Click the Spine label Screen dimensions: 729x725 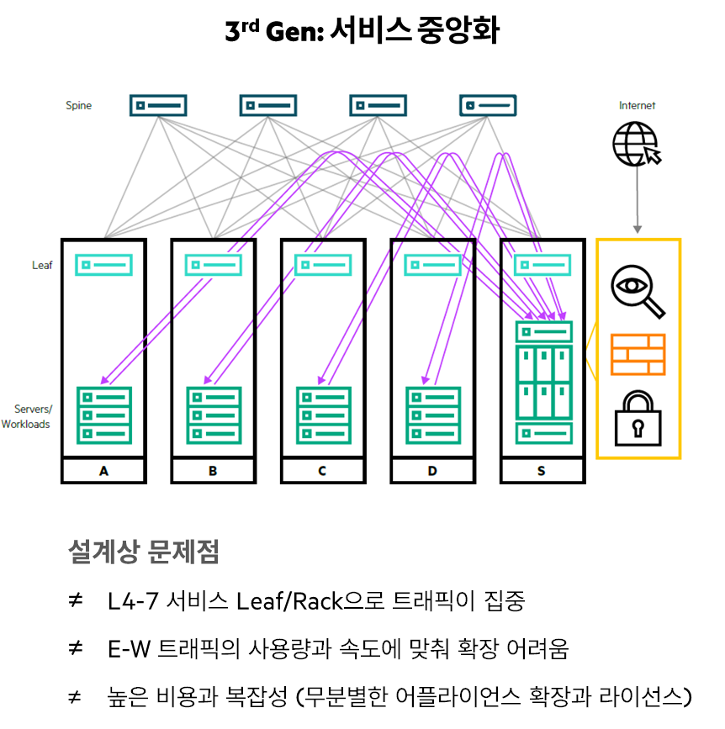click(79, 106)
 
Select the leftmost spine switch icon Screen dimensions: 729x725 click(158, 105)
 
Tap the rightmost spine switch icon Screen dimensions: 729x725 click(488, 105)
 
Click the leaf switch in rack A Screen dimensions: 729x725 click(103, 265)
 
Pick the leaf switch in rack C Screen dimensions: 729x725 click(323, 265)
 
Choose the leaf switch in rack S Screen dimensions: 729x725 click(542, 265)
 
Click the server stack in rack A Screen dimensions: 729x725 click(103, 415)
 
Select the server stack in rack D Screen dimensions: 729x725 click(433, 415)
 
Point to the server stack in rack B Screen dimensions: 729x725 click(214, 415)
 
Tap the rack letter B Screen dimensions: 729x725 click(213, 472)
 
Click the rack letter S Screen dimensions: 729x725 click(541, 472)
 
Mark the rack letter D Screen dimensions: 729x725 click(432, 472)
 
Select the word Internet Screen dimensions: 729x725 click(637, 106)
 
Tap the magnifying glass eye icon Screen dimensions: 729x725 click(637, 291)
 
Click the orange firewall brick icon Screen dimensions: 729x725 click(638, 354)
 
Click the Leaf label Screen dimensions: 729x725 click(42, 266)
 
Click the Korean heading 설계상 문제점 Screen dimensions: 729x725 click(143, 552)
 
